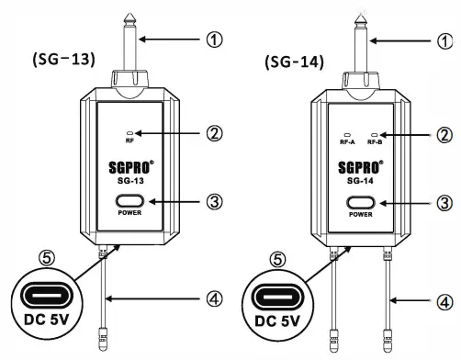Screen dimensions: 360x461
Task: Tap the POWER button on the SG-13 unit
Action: [129, 201]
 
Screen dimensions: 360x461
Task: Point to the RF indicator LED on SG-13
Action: [129, 131]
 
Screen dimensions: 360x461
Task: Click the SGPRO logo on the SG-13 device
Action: [129, 169]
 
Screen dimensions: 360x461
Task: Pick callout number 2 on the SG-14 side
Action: [445, 133]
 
